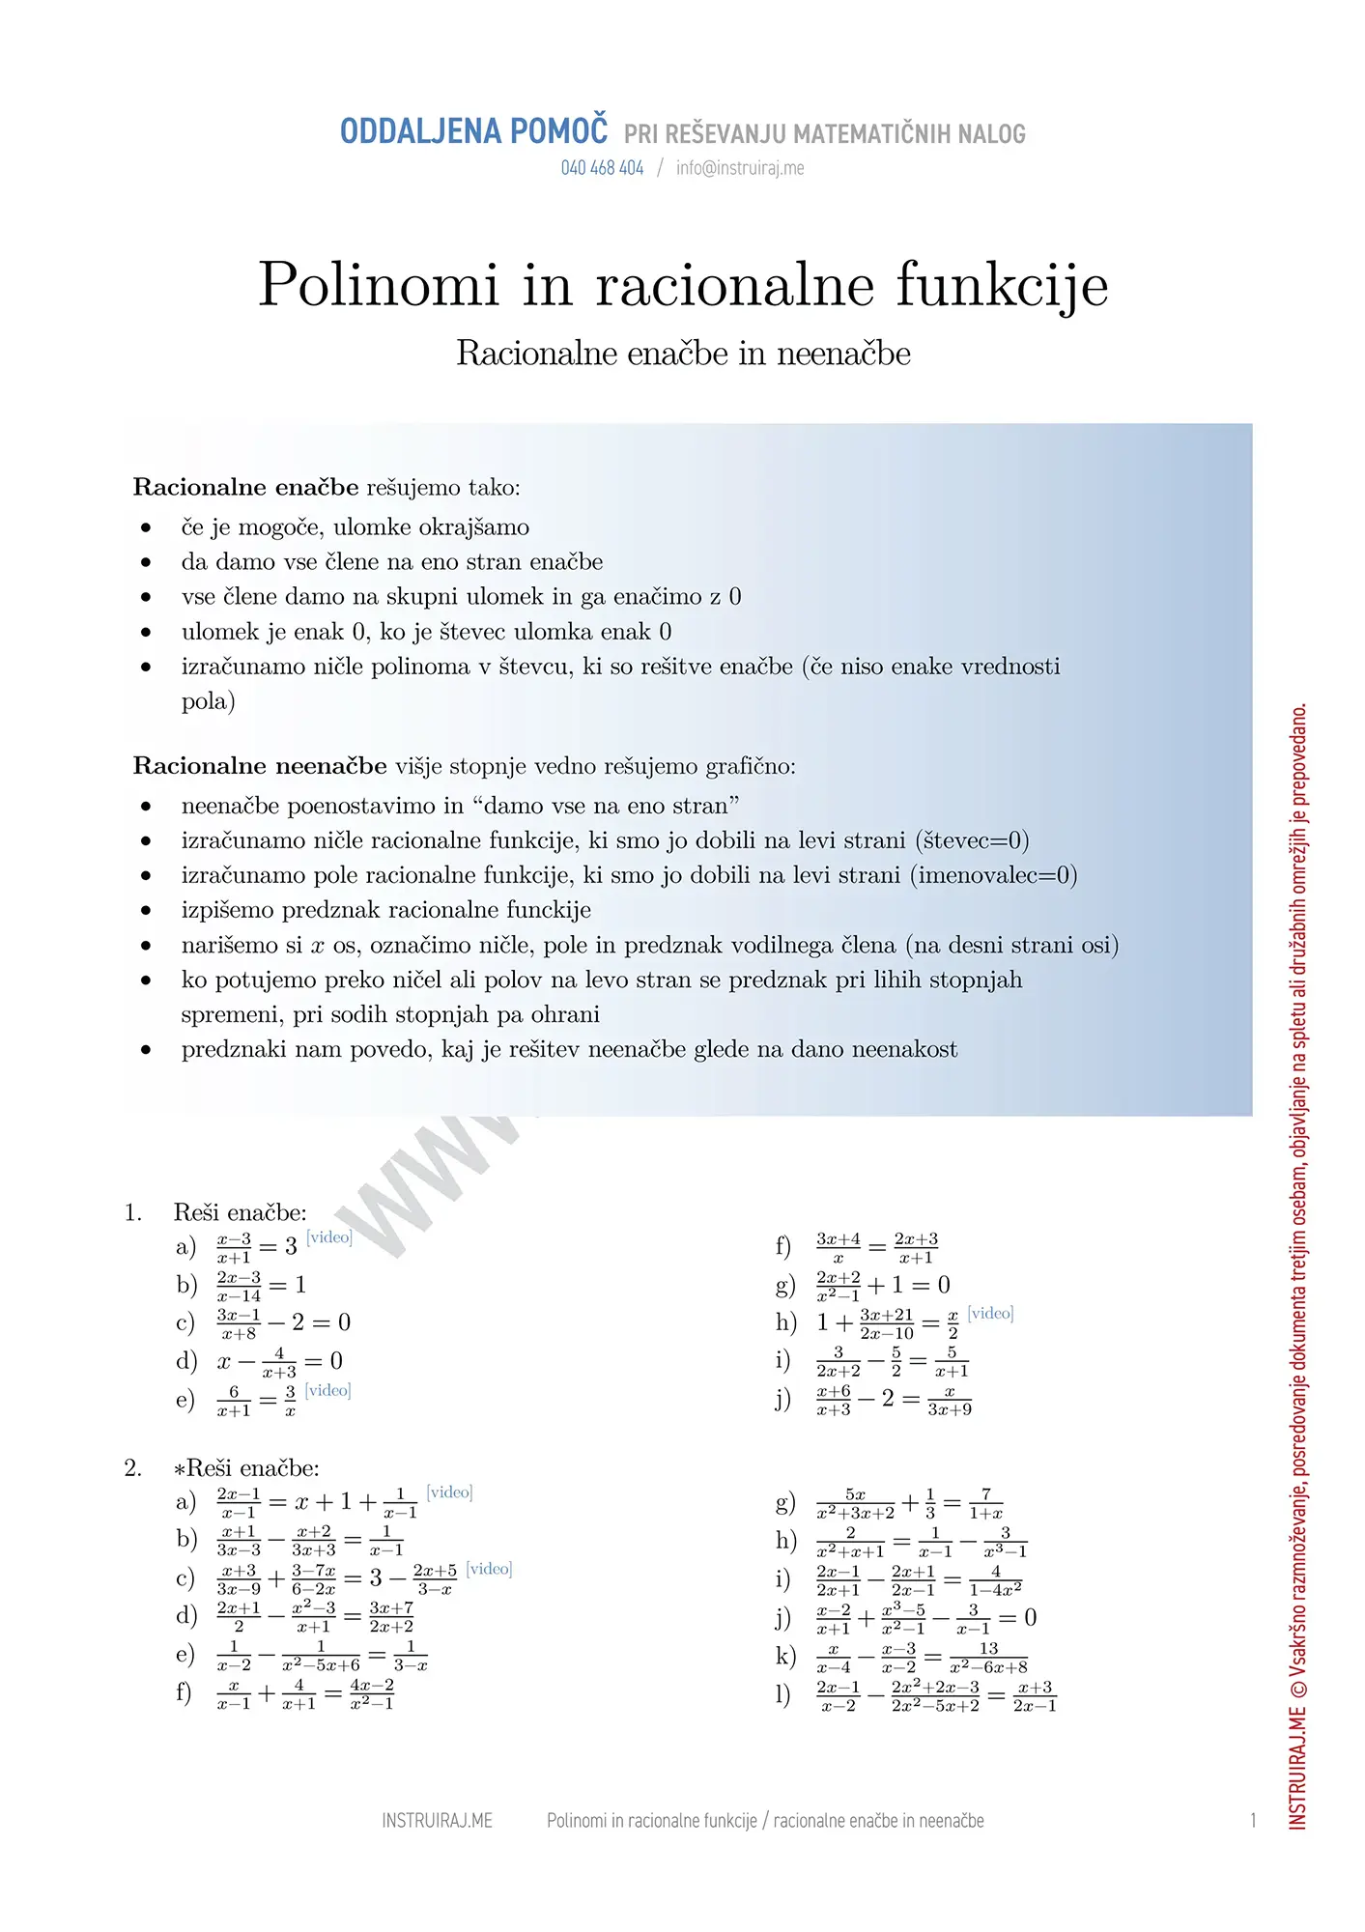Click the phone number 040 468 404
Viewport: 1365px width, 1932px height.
point(602,168)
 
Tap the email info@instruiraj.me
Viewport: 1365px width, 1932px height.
point(740,168)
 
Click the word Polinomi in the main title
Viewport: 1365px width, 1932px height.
point(379,285)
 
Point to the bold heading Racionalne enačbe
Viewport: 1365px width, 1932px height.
point(245,487)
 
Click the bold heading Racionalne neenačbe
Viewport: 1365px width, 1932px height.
point(260,766)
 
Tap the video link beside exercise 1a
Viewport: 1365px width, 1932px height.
point(329,1237)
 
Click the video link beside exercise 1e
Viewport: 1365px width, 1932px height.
point(328,1390)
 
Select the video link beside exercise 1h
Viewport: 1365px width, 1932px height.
point(990,1313)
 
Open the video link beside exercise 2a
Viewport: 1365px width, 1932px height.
point(449,1492)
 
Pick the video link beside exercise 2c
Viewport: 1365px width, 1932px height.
point(489,1569)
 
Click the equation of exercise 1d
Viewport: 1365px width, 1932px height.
point(279,1362)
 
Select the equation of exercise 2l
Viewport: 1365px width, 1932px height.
point(936,1696)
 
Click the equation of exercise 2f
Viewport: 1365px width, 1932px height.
point(305,1694)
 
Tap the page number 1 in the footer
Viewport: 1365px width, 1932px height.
point(1253,1821)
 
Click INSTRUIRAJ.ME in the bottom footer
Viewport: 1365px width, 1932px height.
point(437,1821)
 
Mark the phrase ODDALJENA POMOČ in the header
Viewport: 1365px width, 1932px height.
point(473,131)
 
